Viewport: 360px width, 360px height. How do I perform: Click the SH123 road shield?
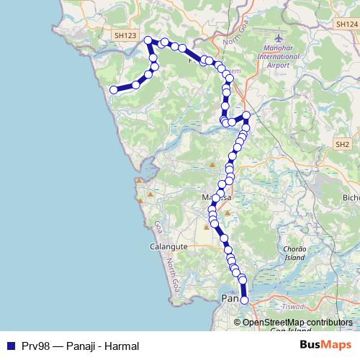(x=124, y=34)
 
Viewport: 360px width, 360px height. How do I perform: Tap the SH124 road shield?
(x=346, y=24)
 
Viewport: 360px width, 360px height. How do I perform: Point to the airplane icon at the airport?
(x=280, y=36)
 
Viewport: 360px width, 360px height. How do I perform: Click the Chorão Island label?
(x=294, y=252)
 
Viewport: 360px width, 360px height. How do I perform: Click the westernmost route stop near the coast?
(x=113, y=90)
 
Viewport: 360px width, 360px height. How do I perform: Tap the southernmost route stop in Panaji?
(x=244, y=300)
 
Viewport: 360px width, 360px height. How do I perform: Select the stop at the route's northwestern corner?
(x=148, y=40)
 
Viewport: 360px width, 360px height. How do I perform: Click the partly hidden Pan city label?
(x=229, y=298)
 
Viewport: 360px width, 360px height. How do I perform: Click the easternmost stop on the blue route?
(x=246, y=115)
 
